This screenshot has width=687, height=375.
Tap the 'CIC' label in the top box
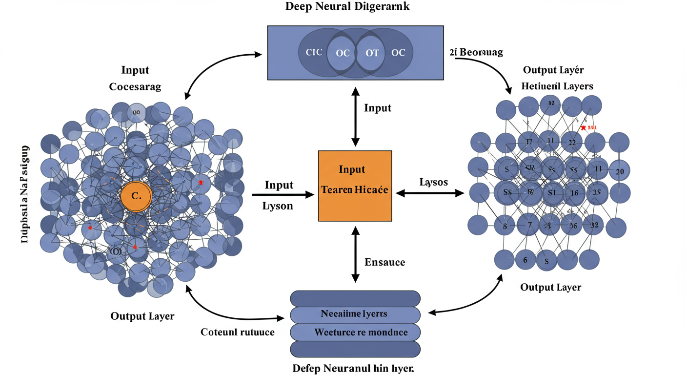tap(314, 52)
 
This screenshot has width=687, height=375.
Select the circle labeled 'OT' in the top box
tap(372, 53)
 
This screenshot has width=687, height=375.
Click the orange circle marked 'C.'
tap(136, 197)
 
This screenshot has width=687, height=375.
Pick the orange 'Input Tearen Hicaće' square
tap(355, 186)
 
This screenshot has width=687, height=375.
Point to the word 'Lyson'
tap(278, 206)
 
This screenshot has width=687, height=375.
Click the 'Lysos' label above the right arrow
tap(434, 182)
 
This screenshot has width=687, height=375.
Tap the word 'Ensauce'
tap(384, 262)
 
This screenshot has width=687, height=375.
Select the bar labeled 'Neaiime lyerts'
tap(355, 314)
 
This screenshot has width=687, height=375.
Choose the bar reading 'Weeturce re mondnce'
tap(355, 333)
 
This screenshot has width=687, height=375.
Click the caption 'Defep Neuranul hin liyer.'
tap(353, 368)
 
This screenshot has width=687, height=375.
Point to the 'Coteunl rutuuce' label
tap(238, 332)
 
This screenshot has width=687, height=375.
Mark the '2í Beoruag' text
tap(475, 52)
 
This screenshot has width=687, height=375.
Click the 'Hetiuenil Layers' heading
tap(557, 86)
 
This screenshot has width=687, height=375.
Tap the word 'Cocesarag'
tap(135, 86)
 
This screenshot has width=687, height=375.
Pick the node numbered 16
tap(574, 193)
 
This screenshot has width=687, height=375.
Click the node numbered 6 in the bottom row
tap(525, 260)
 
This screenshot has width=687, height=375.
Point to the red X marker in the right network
tap(583, 127)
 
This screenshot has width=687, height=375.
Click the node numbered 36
tap(573, 225)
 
